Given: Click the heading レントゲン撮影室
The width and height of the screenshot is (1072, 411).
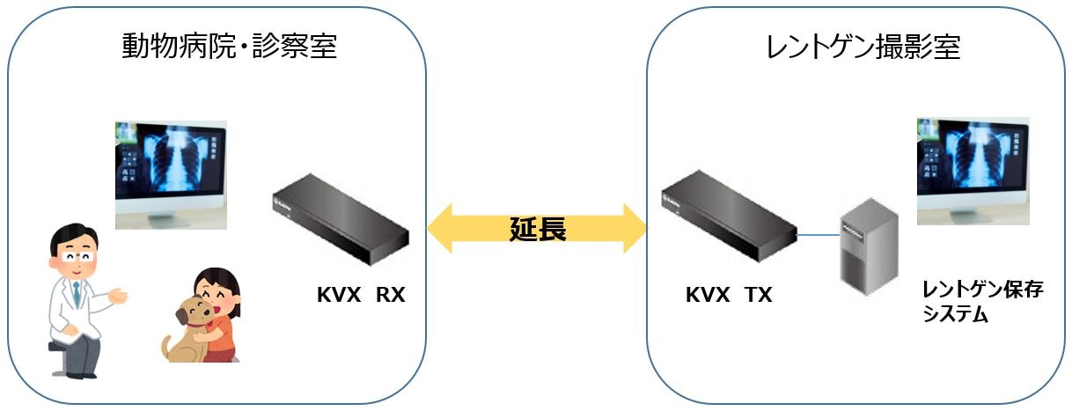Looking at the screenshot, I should tap(863, 47).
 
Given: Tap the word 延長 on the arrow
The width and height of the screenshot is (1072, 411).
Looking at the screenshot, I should tap(537, 229).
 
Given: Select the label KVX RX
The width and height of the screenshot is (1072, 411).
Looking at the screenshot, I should tap(361, 296).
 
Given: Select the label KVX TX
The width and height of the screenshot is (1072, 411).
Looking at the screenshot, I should tap(729, 296).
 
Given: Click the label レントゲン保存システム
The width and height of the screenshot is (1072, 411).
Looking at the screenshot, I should tap(981, 302).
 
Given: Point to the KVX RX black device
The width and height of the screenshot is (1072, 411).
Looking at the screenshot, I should tap(339, 225).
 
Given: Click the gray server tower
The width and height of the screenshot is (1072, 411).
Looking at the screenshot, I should tap(868, 250).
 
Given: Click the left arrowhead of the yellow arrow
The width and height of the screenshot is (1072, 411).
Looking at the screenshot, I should tap(440, 229).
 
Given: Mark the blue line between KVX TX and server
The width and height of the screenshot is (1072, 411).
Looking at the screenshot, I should tap(818, 235).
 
